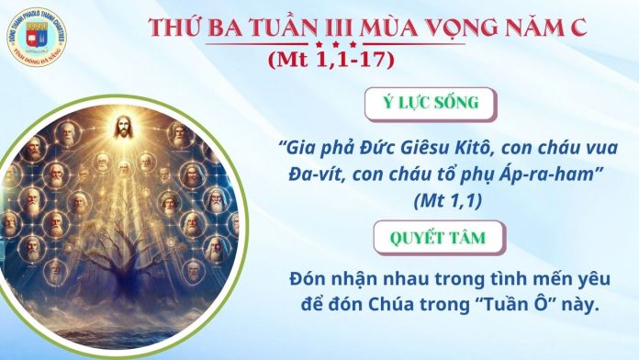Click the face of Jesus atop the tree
[122, 127]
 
